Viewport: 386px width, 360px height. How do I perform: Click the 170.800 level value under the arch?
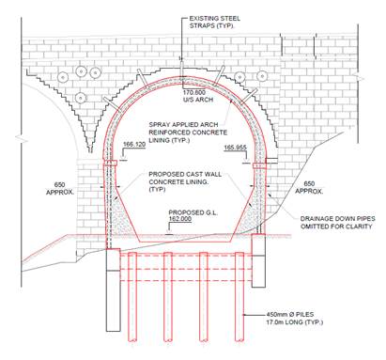coord(194,92)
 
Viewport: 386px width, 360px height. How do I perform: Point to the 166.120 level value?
coord(134,145)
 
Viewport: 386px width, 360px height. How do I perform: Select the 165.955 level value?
coord(235,148)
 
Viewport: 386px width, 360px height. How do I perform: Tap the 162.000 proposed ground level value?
coord(180,219)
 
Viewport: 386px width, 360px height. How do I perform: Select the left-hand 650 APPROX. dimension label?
coord(60,188)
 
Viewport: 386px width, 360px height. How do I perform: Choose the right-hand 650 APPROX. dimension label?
coord(309,187)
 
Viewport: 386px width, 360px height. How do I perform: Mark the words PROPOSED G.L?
coord(193,212)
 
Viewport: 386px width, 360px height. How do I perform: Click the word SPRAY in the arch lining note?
coord(159,125)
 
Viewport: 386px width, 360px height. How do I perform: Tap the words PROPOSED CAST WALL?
coord(185,174)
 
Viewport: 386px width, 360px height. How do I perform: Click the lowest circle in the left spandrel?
coord(81,98)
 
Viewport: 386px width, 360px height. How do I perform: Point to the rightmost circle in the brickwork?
coord(262,76)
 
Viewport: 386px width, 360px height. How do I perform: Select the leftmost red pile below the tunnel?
coord(132,297)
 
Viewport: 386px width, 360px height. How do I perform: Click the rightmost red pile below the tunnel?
coord(239,297)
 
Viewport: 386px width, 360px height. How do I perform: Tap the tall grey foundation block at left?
coord(114,290)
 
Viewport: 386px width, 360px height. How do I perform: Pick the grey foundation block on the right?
coord(258,260)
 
